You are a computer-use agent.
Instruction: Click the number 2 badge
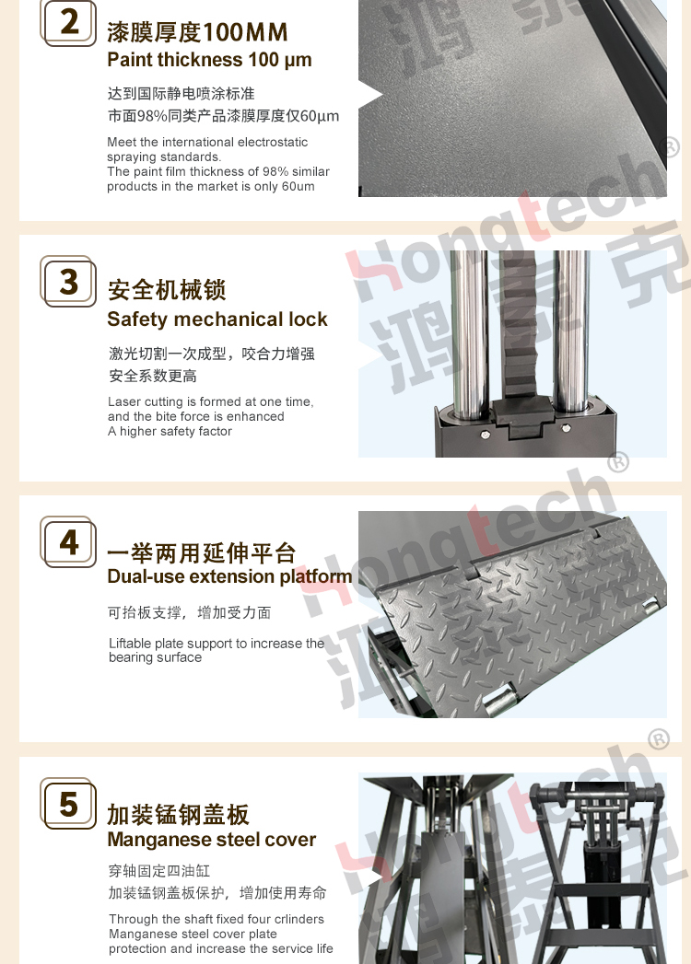point(68,23)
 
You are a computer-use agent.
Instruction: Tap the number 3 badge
point(68,282)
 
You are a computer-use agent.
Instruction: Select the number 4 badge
point(68,542)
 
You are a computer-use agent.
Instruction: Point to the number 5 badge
point(68,804)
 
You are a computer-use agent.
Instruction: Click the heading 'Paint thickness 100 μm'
point(209,60)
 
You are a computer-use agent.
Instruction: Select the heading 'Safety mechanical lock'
point(217,319)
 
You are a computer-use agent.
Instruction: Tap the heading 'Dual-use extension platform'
point(229,576)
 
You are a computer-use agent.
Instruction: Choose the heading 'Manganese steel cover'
point(212,839)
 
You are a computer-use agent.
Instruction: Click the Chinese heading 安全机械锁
point(167,290)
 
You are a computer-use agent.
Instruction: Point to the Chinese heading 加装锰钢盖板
point(179,815)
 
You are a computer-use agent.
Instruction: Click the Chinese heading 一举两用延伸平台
point(201,552)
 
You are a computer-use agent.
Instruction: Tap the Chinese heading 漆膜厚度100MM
point(197,32)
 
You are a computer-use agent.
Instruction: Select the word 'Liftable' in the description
point(130,644)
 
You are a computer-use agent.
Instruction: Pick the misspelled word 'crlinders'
point(299,919)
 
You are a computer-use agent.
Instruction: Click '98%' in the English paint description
point(275,171)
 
